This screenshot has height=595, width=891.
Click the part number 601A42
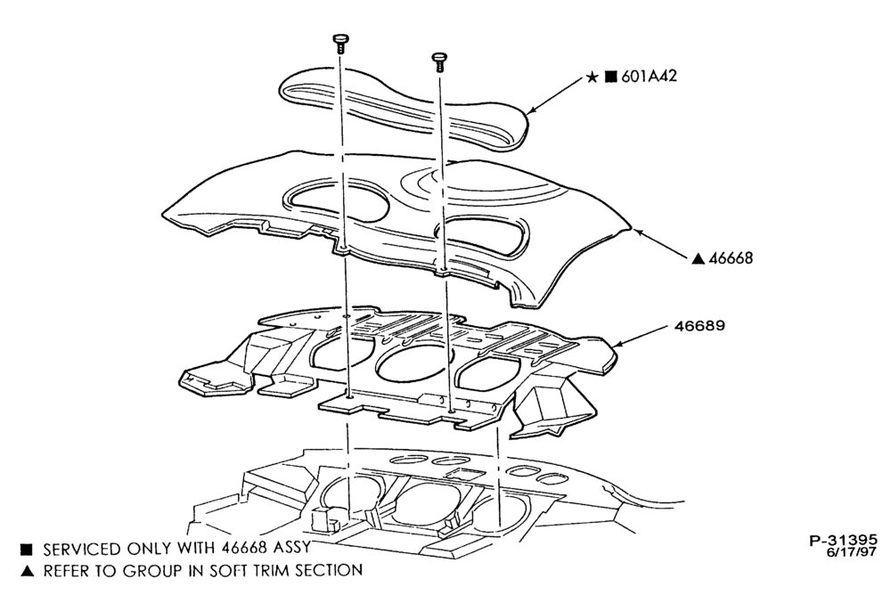click(649, 76)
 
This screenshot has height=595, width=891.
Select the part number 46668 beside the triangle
click(731, 258)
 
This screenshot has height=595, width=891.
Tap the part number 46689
click(699, 326)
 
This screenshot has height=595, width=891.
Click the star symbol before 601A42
click(593, 77)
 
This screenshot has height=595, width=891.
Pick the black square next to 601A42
click(610, 77)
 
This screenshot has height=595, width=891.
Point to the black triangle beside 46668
click(699, 258)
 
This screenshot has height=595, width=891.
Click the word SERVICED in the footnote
click(82, 549)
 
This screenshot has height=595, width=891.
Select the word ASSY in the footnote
click(291, 547)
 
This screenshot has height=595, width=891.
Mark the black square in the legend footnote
click(27, 550)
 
